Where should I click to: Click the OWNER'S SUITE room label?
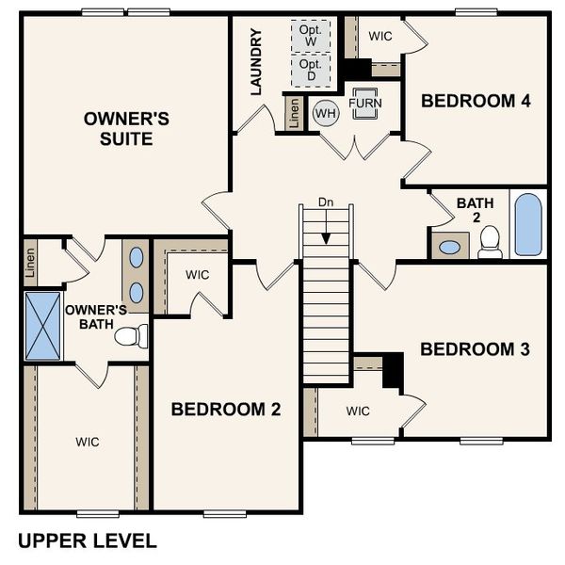click(x=126, y=130)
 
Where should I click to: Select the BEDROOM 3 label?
click(x=475, y=349)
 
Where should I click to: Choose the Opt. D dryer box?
click(x=310, y=69)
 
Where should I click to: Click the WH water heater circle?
click(x=325, y=113)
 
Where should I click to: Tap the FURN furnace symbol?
click(x=364, y=105)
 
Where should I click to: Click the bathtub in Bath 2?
click(x=528, y=225)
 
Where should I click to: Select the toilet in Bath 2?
click(x=489, y=243)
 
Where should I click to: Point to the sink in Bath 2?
click(x=451, y=248)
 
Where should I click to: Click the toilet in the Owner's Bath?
click(x=135, y=335)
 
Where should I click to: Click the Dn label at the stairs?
click(x=325, y=202)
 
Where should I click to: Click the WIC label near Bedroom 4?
click(x=380, y=36)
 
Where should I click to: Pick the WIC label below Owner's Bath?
click(x=88, y=442)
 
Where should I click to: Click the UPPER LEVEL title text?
click(x=88, y=541)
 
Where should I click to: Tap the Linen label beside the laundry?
click(x=295, y=114)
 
